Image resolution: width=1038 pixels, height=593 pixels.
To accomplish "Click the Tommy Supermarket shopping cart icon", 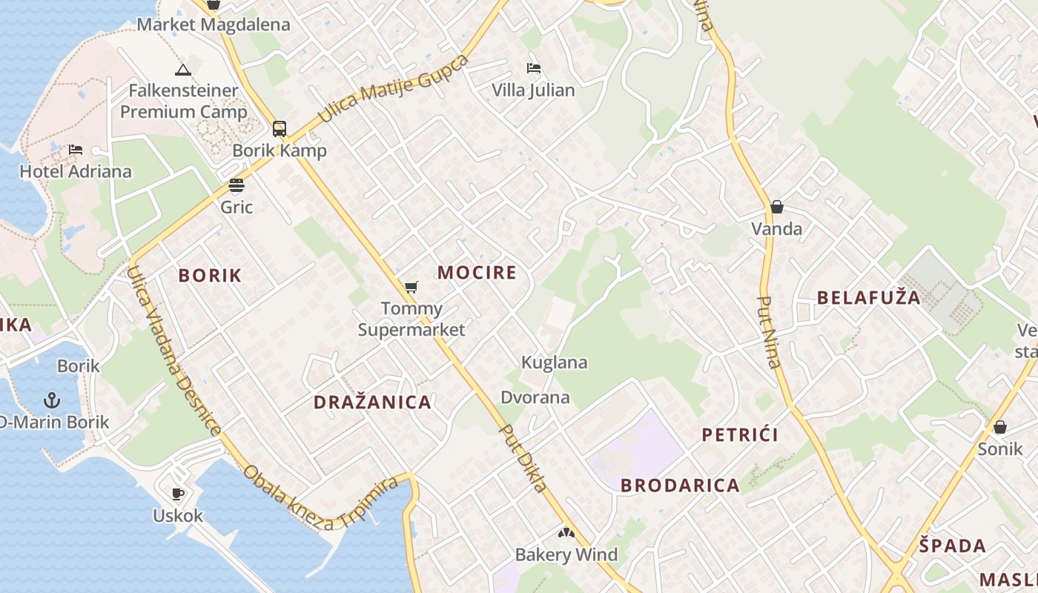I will [x=411, y=287].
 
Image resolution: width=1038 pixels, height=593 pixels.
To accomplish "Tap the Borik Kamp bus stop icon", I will [x=279, y=129].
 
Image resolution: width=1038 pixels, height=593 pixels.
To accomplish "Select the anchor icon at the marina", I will [x=51, y=401].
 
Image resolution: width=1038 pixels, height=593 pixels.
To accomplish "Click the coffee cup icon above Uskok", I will [x=177, y=494].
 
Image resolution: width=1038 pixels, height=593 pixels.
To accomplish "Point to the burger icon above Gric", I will [x=237, y=185].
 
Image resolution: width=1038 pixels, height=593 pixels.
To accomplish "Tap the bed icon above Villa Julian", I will [x=533, y=69].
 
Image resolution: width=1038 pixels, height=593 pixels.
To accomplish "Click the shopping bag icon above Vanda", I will [x=776, y=207].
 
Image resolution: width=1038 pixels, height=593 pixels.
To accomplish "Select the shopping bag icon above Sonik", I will [x=999, y=427].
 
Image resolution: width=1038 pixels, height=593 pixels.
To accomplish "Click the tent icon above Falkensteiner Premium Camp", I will [x=182, y=70].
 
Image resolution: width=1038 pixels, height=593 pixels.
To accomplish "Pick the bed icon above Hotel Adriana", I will [x=76, y=150].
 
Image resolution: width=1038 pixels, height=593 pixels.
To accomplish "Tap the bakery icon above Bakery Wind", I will [x=566, y=533].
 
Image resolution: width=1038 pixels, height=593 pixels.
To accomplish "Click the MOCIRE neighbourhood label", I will [x=477, y=273].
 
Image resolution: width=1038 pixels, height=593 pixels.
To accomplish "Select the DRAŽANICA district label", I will [x=372, y=402].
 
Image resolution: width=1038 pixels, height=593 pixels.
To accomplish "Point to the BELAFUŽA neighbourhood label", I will [x=868, y=298].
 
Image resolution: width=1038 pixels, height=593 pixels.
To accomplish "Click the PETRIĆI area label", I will [x=740, y=434].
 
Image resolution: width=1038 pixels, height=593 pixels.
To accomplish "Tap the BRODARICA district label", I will [x=680, y=486].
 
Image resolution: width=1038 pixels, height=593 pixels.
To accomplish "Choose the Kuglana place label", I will [x=554, y=362].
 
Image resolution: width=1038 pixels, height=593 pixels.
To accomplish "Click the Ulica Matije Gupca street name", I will [x=393, y=89].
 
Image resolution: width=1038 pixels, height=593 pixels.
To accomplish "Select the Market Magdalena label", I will [x=214, y=24].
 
